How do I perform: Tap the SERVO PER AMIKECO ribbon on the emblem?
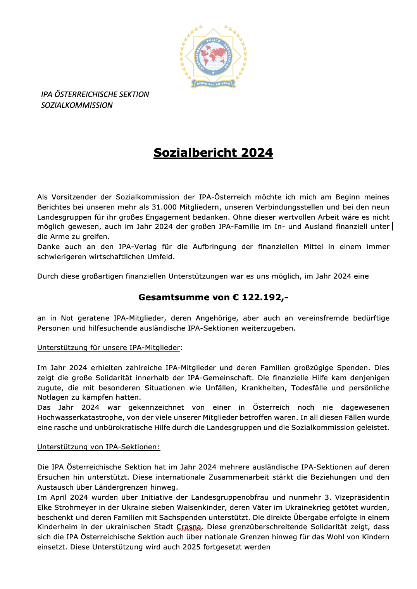pos(213,83)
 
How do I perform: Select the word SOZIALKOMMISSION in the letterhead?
pos(77,105)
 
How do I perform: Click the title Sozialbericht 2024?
pos(213,152)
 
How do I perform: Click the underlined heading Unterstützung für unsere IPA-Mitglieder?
pos(109,348)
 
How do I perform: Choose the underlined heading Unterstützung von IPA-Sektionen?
pos(98,447)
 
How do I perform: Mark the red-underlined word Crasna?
pos(189,527)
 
